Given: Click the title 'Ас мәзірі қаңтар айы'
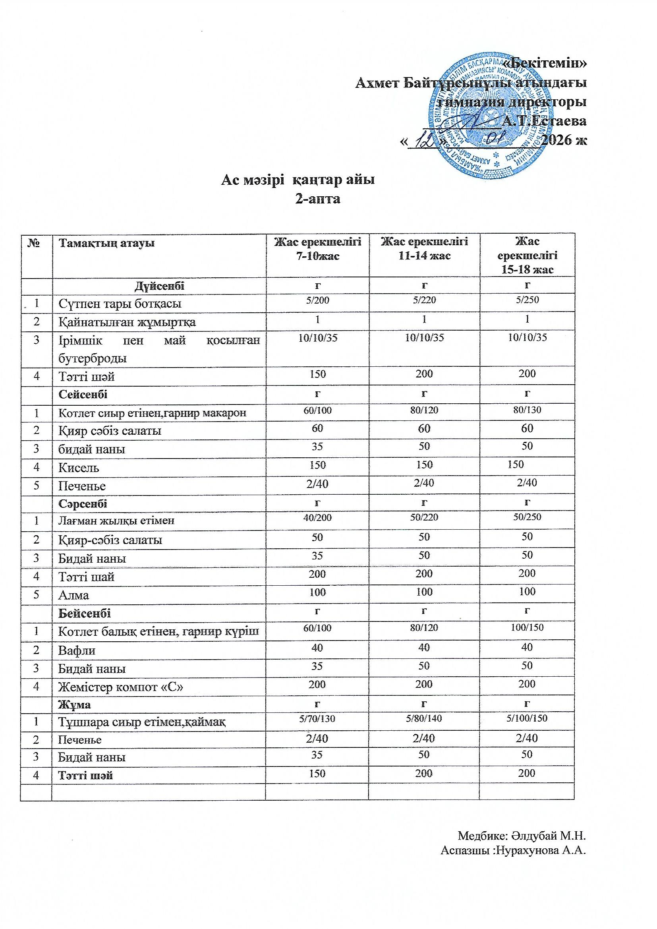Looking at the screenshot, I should (x=298, y=180).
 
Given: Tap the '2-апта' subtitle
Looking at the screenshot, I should (x=318, y=199).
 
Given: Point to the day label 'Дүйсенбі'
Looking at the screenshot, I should (x=159, y=286).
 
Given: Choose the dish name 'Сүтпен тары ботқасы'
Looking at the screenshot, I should (x=120, y=304).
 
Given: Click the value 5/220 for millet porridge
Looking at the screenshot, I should (x=424, y=300).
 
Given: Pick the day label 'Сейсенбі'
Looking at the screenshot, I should (x=83, y=394).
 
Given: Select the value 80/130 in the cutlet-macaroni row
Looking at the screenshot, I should (x=527, y=410).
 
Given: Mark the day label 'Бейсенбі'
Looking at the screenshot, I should (x=85, y=614).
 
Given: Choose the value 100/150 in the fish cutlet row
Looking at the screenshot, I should (x=527, y=627).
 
